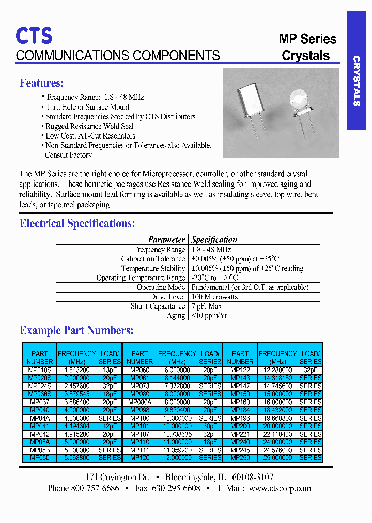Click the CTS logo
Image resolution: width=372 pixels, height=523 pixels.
click(x=34, y=36)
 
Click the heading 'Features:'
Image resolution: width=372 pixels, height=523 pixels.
click(x=42, y=83)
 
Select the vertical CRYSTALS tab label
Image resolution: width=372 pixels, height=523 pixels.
click(x=356, y=81)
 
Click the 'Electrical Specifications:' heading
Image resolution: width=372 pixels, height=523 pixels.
click(x=77, y=223)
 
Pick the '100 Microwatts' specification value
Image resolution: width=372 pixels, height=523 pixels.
click(x=215, y=297)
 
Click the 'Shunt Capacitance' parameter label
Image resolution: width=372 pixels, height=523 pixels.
click(x=158, y=306)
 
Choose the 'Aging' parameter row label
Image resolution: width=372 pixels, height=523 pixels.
click(x=176, y=315)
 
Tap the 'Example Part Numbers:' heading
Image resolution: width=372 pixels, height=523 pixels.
click(x=76, y=330)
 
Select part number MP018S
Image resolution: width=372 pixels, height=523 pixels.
click(x=39, y=370)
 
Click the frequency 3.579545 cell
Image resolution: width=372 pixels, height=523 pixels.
click(x=76, y=394)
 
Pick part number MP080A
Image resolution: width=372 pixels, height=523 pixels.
click(x=139, y=402)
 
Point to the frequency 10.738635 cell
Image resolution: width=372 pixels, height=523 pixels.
click(x=177, y=434)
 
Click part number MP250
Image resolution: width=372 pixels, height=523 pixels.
click(x=240, y=458)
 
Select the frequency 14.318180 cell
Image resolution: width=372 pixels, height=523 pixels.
click(x=277, y=378)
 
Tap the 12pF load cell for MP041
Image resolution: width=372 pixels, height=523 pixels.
click(x=110, y=426)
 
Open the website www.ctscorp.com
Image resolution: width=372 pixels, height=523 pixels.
click(x=280, y=488)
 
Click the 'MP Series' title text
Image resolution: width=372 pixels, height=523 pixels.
click(x=307, y=39)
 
